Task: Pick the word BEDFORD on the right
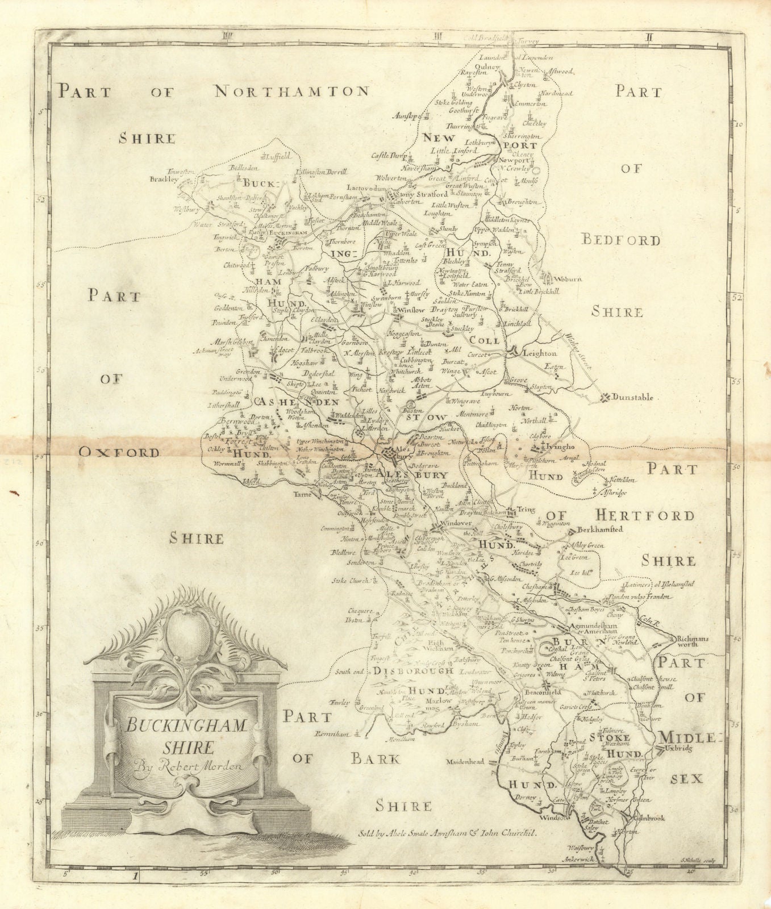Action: [x=622, y=240]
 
